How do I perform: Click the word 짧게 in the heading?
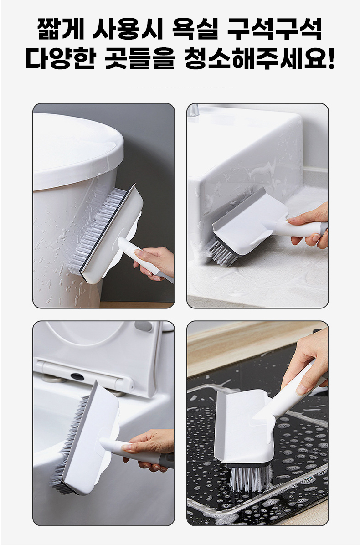61,29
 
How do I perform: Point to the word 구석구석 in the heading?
275,29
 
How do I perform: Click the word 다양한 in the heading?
61,58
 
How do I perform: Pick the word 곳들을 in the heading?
139,58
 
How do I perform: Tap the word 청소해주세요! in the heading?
259,58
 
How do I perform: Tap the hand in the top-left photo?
154,262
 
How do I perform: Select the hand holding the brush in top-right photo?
309,226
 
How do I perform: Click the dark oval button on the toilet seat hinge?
77,376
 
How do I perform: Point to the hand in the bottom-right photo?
306,361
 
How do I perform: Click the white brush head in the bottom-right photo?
243,427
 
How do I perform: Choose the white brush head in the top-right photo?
250,222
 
